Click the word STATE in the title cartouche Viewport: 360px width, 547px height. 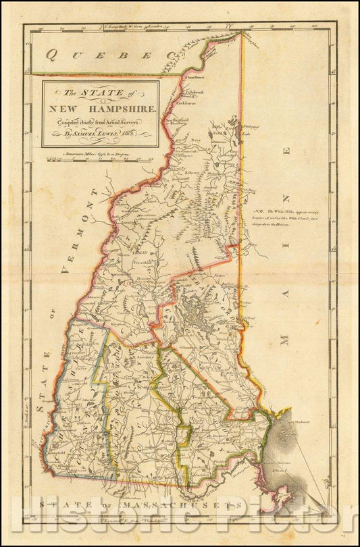point(103,93)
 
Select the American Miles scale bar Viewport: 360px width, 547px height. point(101,160)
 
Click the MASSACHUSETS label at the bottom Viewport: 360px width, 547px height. point(189,504)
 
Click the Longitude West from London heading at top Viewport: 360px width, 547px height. point(135,27)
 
